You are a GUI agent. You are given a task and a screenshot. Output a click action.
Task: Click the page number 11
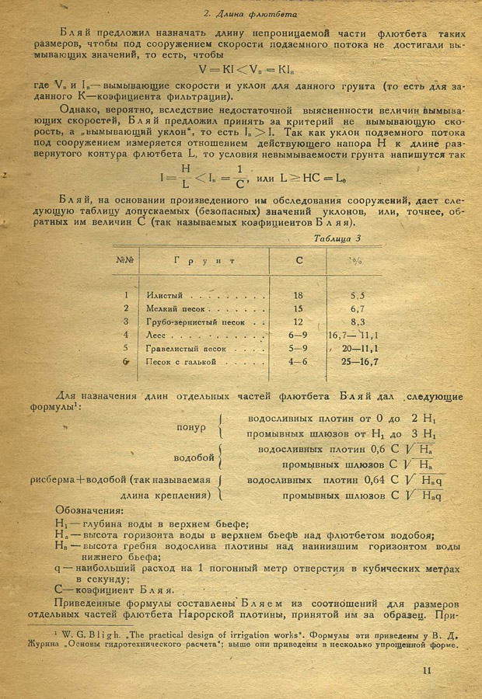coord(427,672)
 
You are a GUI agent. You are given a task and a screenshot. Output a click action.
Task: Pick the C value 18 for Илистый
coord(299,295)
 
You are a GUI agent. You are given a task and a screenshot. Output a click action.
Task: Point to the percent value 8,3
coord(358,322)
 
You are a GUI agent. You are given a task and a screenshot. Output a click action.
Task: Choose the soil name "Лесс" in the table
coord(155,335)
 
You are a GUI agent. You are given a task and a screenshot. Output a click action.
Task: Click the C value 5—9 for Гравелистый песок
coord(298,348)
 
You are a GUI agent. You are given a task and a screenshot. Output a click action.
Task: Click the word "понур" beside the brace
coord(191,426)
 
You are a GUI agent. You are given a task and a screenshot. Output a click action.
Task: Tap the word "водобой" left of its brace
coord(194,457)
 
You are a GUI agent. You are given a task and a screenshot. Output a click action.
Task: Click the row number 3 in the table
coord(125,322)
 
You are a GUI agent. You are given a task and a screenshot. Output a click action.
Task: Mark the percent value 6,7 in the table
coord(358,308)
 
